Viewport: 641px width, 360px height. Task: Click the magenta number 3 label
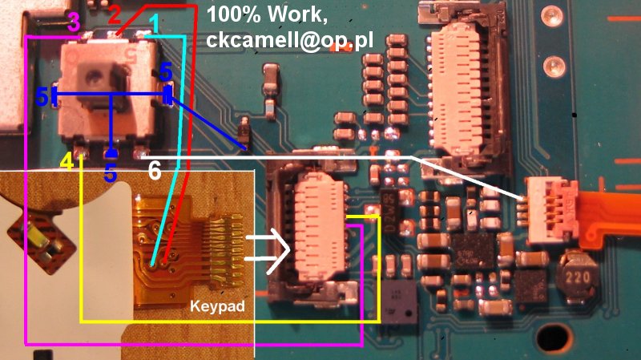[x=74, y=22]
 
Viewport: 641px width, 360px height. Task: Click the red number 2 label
[x=115, y=14]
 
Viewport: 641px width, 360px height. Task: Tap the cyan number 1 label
[x=155, y=24]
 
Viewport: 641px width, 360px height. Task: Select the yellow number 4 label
[x=67, y=161]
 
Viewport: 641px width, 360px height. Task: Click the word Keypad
[x=217, y=306]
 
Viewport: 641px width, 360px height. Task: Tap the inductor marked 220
[x=577, y=277]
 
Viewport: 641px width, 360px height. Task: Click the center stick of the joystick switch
[x=95, y=77]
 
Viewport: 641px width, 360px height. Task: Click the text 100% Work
[x=267, y=14]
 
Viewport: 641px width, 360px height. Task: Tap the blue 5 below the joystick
[x=111, y=172]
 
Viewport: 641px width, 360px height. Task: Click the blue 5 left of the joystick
[x=42, y=97]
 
